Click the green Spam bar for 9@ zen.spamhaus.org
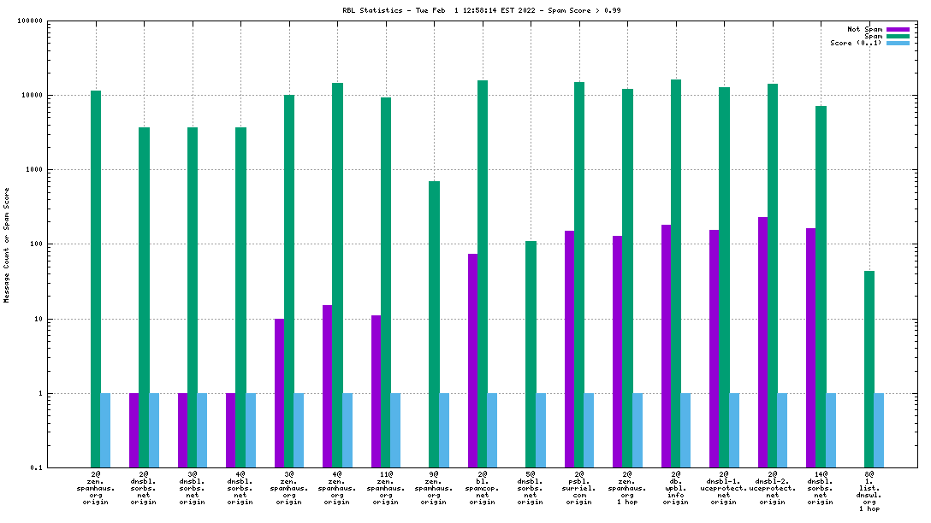pos(434,324)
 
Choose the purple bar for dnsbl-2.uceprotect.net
pos(762,342)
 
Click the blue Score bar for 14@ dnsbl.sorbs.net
pos(831,431)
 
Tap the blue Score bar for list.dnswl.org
pos(879,431)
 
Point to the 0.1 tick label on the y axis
pos(35,468)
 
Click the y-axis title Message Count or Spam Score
pos(7,244)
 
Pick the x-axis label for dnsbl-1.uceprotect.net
pos(724,488)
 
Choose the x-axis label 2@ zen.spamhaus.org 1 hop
pos(627,488)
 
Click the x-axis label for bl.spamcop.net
pos(483,488)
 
